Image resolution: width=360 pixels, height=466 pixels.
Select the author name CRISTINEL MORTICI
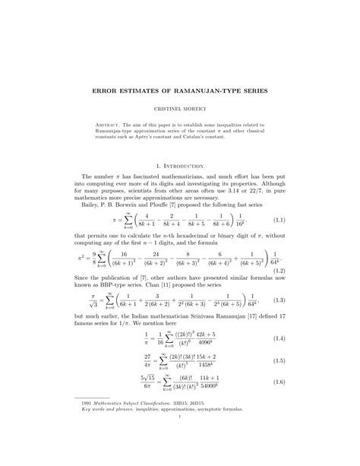pos(180,109)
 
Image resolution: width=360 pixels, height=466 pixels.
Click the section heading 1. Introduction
pos(180,165)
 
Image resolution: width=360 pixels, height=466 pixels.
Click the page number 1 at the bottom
pos(180,437)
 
